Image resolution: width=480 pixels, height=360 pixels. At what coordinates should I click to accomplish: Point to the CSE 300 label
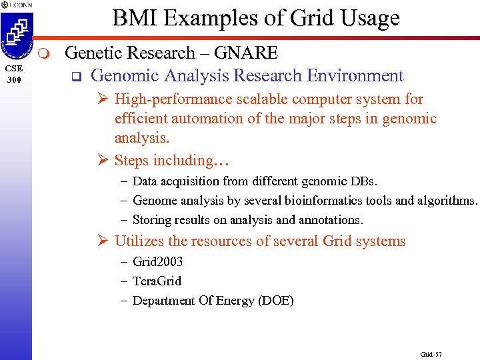click(15, 73)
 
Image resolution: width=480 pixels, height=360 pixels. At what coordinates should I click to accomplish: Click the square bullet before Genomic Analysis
click(75, 77)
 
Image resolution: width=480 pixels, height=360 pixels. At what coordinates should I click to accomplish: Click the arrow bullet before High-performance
click(103, 99)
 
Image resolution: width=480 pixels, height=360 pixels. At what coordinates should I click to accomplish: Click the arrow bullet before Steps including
click(103, 161)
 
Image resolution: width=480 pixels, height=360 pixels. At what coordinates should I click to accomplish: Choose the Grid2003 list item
click(157, 262)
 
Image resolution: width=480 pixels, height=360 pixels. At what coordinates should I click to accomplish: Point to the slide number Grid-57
click(431, 353)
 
